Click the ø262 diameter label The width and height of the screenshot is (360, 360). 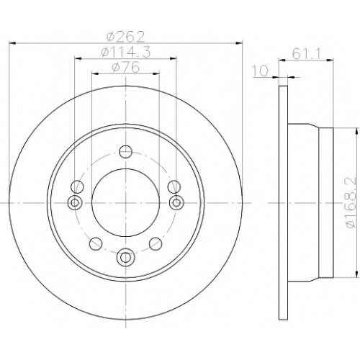tap(125, 37)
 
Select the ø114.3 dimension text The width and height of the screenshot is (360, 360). tap(125, 52)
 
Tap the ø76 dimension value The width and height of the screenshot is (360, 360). tap(125, 67)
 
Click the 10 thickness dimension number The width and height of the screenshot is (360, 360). tap(260, 71)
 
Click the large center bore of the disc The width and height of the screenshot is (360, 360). tap(125, 203)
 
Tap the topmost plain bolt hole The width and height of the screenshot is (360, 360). tap(125, 152)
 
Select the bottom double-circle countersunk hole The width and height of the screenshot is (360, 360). tap(125, 258)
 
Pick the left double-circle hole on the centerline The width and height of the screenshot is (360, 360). tap(75, 203)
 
